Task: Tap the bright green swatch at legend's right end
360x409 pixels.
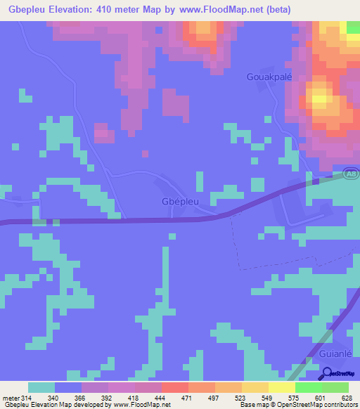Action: (335, 387)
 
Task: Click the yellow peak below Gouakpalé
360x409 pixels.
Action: (321, 98)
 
